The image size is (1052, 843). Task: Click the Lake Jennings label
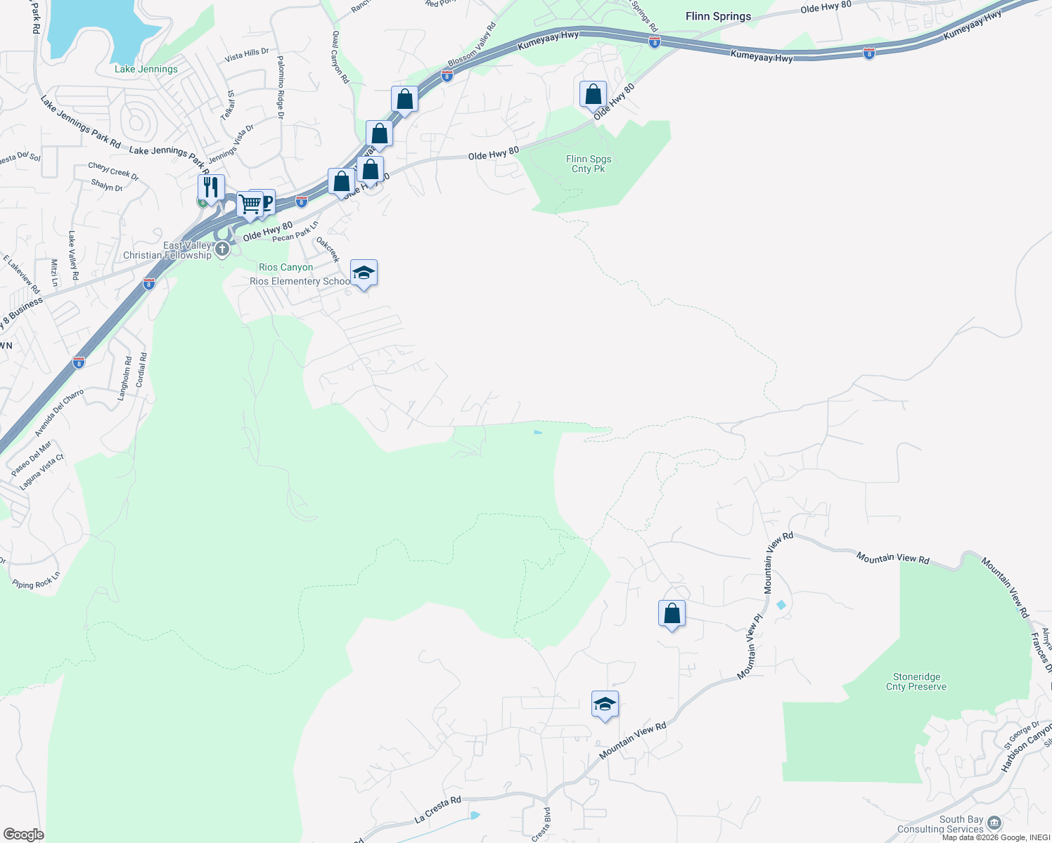[x=146, y=69]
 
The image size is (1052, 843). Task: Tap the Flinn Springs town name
[x=718, y=16]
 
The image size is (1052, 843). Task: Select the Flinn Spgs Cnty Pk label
[x=589, y=164]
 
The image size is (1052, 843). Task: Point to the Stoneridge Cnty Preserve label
[x=916, y=681]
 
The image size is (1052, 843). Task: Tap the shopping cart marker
[x=250, y=204]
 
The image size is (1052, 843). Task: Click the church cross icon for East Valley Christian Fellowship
[x=222, y=249]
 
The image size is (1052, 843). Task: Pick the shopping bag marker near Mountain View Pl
[x=672, y=613]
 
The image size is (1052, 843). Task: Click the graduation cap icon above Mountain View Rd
[x=605, y=704]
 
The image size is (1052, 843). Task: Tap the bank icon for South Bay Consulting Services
[x=994, y=823]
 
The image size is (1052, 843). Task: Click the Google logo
[x=23, y=835]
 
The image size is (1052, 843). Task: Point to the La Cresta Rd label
[x=437, y=809]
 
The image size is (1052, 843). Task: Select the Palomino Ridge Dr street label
[x=280, y=87]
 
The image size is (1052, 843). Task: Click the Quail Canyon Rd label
[x=340, y=57]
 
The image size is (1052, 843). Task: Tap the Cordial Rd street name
[x=141, y=370]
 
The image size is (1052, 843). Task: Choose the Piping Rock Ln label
[x=37, y=580]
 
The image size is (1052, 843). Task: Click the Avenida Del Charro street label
[x=59, y=412]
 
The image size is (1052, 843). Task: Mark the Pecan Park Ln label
[x=295, y=232]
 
